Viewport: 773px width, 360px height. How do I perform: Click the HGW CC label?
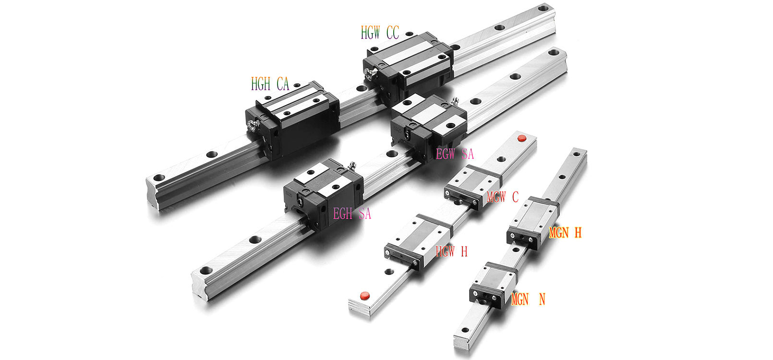pos(380,33)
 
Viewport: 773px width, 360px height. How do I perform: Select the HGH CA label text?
pos(270,84)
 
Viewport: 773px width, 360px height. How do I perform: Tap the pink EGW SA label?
pos(455,154)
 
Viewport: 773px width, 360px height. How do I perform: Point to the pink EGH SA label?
pos(352,214)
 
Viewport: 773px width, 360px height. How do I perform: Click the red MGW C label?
pos(502,197)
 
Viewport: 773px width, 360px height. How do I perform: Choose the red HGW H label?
pos(451,251)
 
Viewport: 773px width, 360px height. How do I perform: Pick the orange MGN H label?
pos(565,233)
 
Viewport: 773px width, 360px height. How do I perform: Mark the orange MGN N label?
pos(528,299)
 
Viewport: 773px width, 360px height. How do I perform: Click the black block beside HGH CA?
pos(292,120)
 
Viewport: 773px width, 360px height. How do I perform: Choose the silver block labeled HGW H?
pos(418,241)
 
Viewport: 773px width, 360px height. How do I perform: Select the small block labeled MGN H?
pos(533,223)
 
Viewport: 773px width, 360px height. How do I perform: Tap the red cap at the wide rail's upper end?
pos(522,138)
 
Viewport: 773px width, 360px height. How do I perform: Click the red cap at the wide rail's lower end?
pos(365,296)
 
